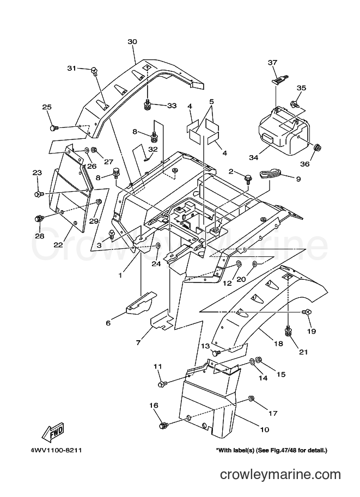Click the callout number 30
point(132,41)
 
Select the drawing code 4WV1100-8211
point(57,450)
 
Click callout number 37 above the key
point(272,63)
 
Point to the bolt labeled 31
point(95,71)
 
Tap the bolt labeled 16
point(164,425)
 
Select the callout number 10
point(265,429)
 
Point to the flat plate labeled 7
point(162,320)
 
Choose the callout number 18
point(278,343)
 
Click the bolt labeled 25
point(53,128)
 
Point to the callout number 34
point(254,157)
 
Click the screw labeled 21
point(288,331)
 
